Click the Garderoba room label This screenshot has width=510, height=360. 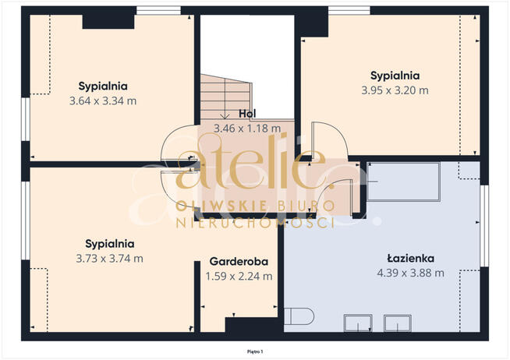239,261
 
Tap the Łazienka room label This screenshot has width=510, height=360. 410,258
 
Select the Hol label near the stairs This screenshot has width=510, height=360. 247,114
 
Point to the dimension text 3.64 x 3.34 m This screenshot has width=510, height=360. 103,101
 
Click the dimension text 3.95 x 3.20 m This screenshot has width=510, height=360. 395,90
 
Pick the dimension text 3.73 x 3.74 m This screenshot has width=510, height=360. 109,258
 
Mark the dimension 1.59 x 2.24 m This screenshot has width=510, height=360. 239,276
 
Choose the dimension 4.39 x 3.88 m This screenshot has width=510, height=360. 410,273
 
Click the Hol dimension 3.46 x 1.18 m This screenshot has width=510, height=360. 247,129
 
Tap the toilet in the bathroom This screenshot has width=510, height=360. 299,316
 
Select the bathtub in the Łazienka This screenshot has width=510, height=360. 404,182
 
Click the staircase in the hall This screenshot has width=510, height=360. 225,97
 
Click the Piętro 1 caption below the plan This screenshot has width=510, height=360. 255,351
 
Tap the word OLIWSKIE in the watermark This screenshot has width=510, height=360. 221,206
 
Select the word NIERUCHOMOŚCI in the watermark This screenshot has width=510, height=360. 255,223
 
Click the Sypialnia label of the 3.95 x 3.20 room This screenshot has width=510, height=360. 395,76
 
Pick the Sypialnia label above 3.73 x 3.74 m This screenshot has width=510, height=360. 109,244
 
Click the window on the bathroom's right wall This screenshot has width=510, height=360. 484,226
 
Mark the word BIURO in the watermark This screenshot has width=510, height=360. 306,206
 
